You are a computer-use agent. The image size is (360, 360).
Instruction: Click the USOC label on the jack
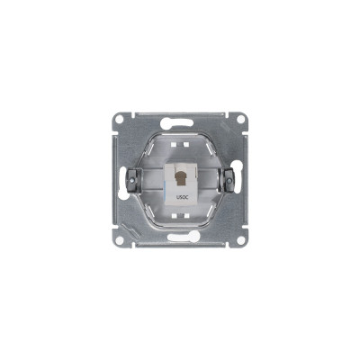click(x=180, y=197)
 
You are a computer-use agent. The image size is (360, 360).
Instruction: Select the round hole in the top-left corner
click(x=119, y=119)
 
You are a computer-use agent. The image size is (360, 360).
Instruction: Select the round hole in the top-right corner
click(x=240, y=119)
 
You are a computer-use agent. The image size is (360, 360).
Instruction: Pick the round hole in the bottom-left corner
click(x=119, y=240)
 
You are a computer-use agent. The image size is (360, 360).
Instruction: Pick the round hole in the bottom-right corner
click(x=240, y=240)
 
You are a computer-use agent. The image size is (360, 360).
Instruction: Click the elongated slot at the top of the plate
click(x=176, y=122)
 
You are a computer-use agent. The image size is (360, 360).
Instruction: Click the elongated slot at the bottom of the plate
click(x=184, y=237)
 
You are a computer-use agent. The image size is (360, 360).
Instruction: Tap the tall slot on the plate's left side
click(x=122, y=183)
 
